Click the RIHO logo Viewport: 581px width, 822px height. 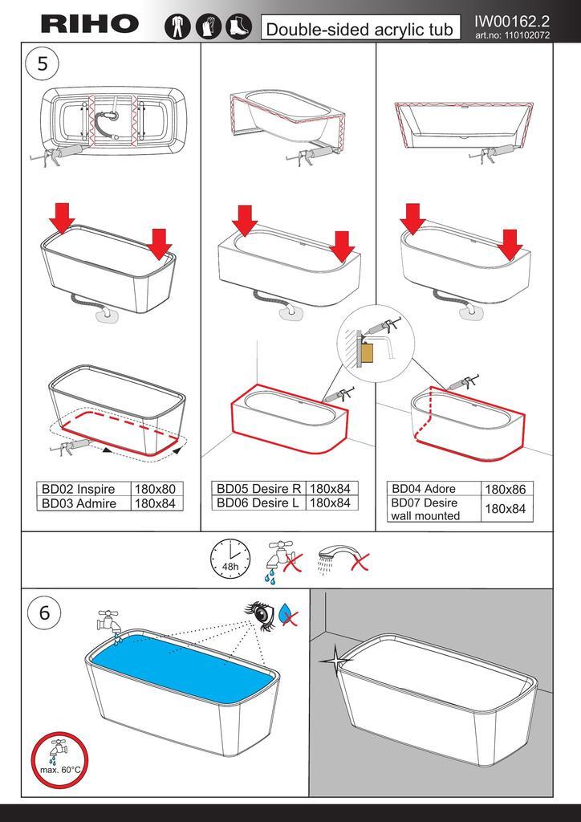(90, 23)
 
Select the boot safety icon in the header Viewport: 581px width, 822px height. (239, 26)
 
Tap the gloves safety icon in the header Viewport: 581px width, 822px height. (209, 26)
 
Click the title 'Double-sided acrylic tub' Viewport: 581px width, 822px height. (360, 28)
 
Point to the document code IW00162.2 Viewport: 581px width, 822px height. (512, 22)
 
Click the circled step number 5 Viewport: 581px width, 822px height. (43, 63)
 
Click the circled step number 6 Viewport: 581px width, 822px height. (44, 612)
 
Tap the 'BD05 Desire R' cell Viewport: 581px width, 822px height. (259, 489)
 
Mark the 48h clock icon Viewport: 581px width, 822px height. (230, 559)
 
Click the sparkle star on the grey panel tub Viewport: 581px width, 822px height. (334, 661)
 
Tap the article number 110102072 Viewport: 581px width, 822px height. (512, 35)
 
